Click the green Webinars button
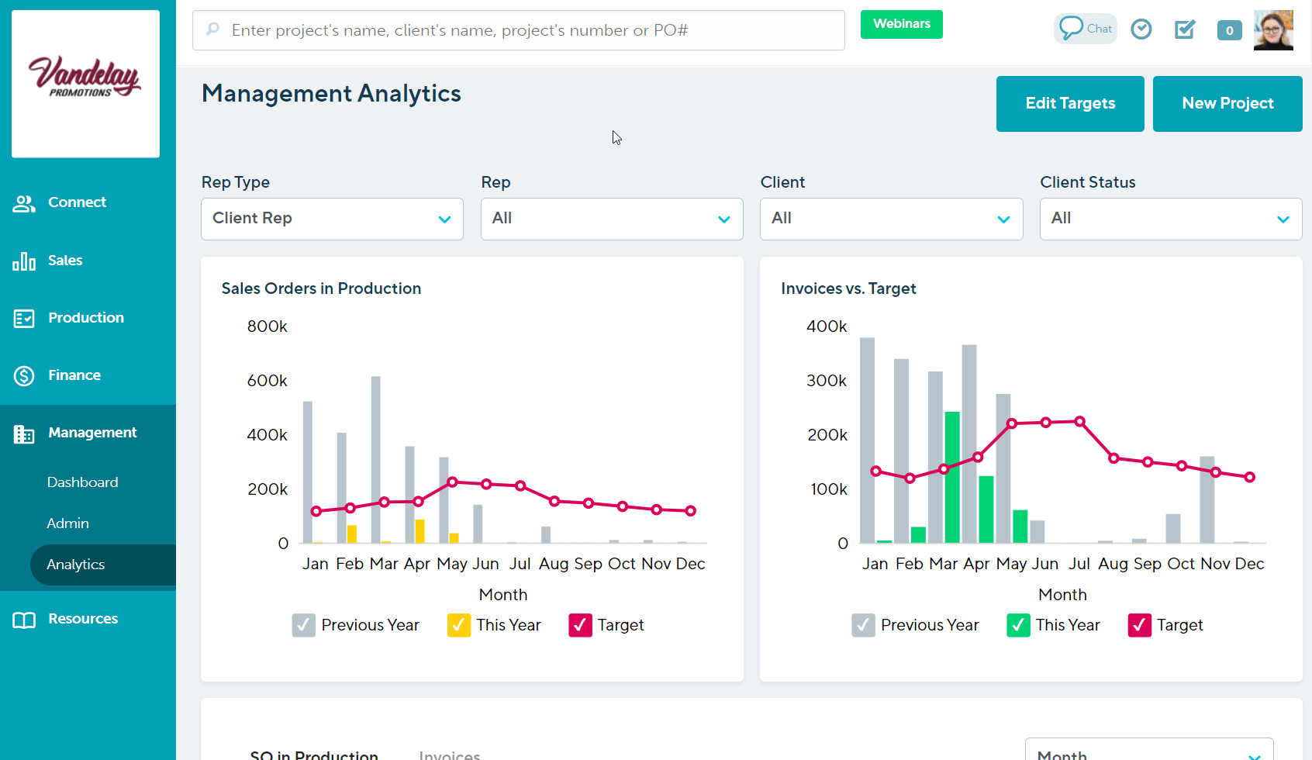click(901, 24)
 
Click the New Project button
click(1227, 103)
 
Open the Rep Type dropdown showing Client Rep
click(332, 219)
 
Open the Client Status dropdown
click(1170, 219)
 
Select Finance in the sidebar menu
click(74, 375)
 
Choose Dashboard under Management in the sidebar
click(82, 482)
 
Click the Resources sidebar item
click(82, 619)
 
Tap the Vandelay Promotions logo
click(85, 78)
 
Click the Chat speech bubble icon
click(1072, 28)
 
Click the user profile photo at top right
click(1272, 30)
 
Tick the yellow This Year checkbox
click(459, 625)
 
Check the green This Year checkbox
click(1018, 625)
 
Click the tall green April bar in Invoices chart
click(952, 477)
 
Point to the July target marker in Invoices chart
click(1079, 421)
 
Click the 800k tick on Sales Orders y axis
click(267, 326)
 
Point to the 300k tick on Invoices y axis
click(827, 381)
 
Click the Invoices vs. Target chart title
click(848, 288)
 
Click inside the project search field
click(518, 30)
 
